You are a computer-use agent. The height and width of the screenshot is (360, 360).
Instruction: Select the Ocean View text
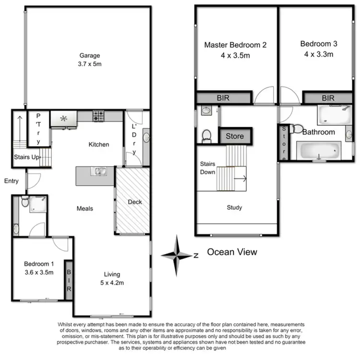(232, 252)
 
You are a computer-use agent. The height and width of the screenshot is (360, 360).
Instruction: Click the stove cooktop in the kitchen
(99, 116)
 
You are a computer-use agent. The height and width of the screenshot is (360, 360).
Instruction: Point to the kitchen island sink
(100, 170)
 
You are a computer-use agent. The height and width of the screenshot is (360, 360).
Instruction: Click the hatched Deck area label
(135, 202)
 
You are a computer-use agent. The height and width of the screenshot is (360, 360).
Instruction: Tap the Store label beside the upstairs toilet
(235, 136)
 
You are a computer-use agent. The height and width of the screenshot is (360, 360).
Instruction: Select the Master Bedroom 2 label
(235, 45)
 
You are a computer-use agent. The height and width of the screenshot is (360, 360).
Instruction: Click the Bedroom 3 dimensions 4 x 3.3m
(319, 55)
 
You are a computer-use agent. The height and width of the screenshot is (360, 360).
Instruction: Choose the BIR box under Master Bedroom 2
(224, 98)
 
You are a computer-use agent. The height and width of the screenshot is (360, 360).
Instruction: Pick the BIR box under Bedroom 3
(328, 98)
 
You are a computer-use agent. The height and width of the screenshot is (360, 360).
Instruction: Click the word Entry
(11, 181)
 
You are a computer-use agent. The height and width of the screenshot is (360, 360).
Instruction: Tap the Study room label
(234, 208)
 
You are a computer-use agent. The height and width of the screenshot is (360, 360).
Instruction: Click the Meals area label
(85, 208)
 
